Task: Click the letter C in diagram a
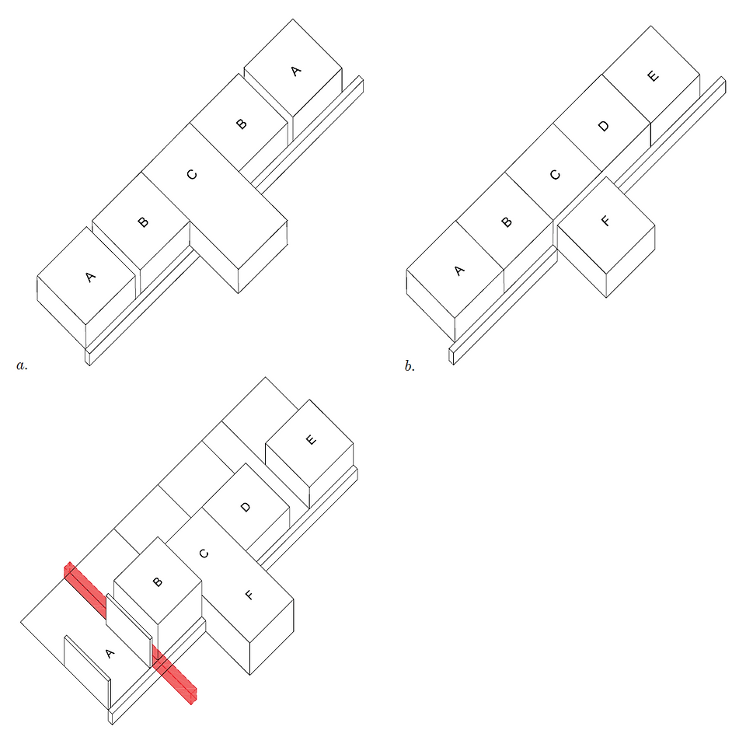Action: coord(192,175)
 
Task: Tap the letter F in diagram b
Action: coord(605,221)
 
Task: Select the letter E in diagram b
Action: coord(654,76)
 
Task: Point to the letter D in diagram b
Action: coord(603,126)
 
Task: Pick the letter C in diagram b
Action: coord(555,175)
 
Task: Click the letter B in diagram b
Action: coord(506,222)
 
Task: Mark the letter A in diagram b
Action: coord(458,271)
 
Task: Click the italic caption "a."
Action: coord(22,365)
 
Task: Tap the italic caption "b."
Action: coord(410,365)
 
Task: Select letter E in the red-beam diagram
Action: coord(310,439)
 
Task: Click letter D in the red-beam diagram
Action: coord(245,507)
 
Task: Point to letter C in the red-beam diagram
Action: coord(204,554)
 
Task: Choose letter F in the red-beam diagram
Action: coord(249,595)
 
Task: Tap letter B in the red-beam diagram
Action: coord(157,582)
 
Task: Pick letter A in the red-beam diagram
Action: coord(110,653)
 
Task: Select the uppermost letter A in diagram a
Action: coord(295,72)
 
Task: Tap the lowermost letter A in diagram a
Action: coord(90,277)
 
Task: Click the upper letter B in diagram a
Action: coord(241,124)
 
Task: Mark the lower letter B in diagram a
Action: coord(142,222)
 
